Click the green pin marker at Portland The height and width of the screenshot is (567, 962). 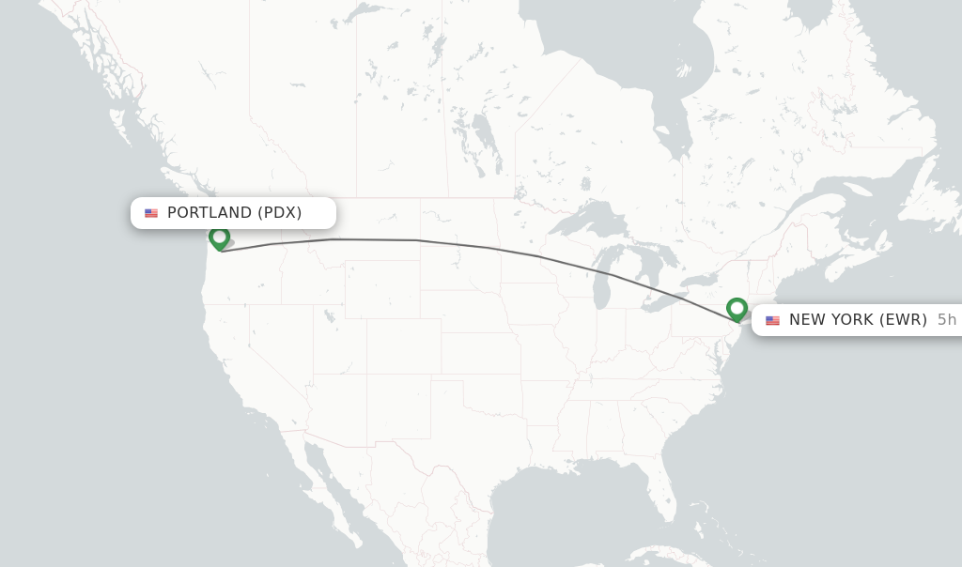(219, 238)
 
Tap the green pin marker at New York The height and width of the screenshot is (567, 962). (737, 309)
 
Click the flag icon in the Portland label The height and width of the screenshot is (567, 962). (151, 213)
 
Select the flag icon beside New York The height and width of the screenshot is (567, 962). (772, 320)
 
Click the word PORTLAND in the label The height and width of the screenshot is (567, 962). (209, 213)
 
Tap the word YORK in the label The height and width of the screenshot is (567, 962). (852, 320)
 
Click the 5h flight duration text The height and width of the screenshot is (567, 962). (946, 320)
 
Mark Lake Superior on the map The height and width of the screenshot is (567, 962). (586, 222)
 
